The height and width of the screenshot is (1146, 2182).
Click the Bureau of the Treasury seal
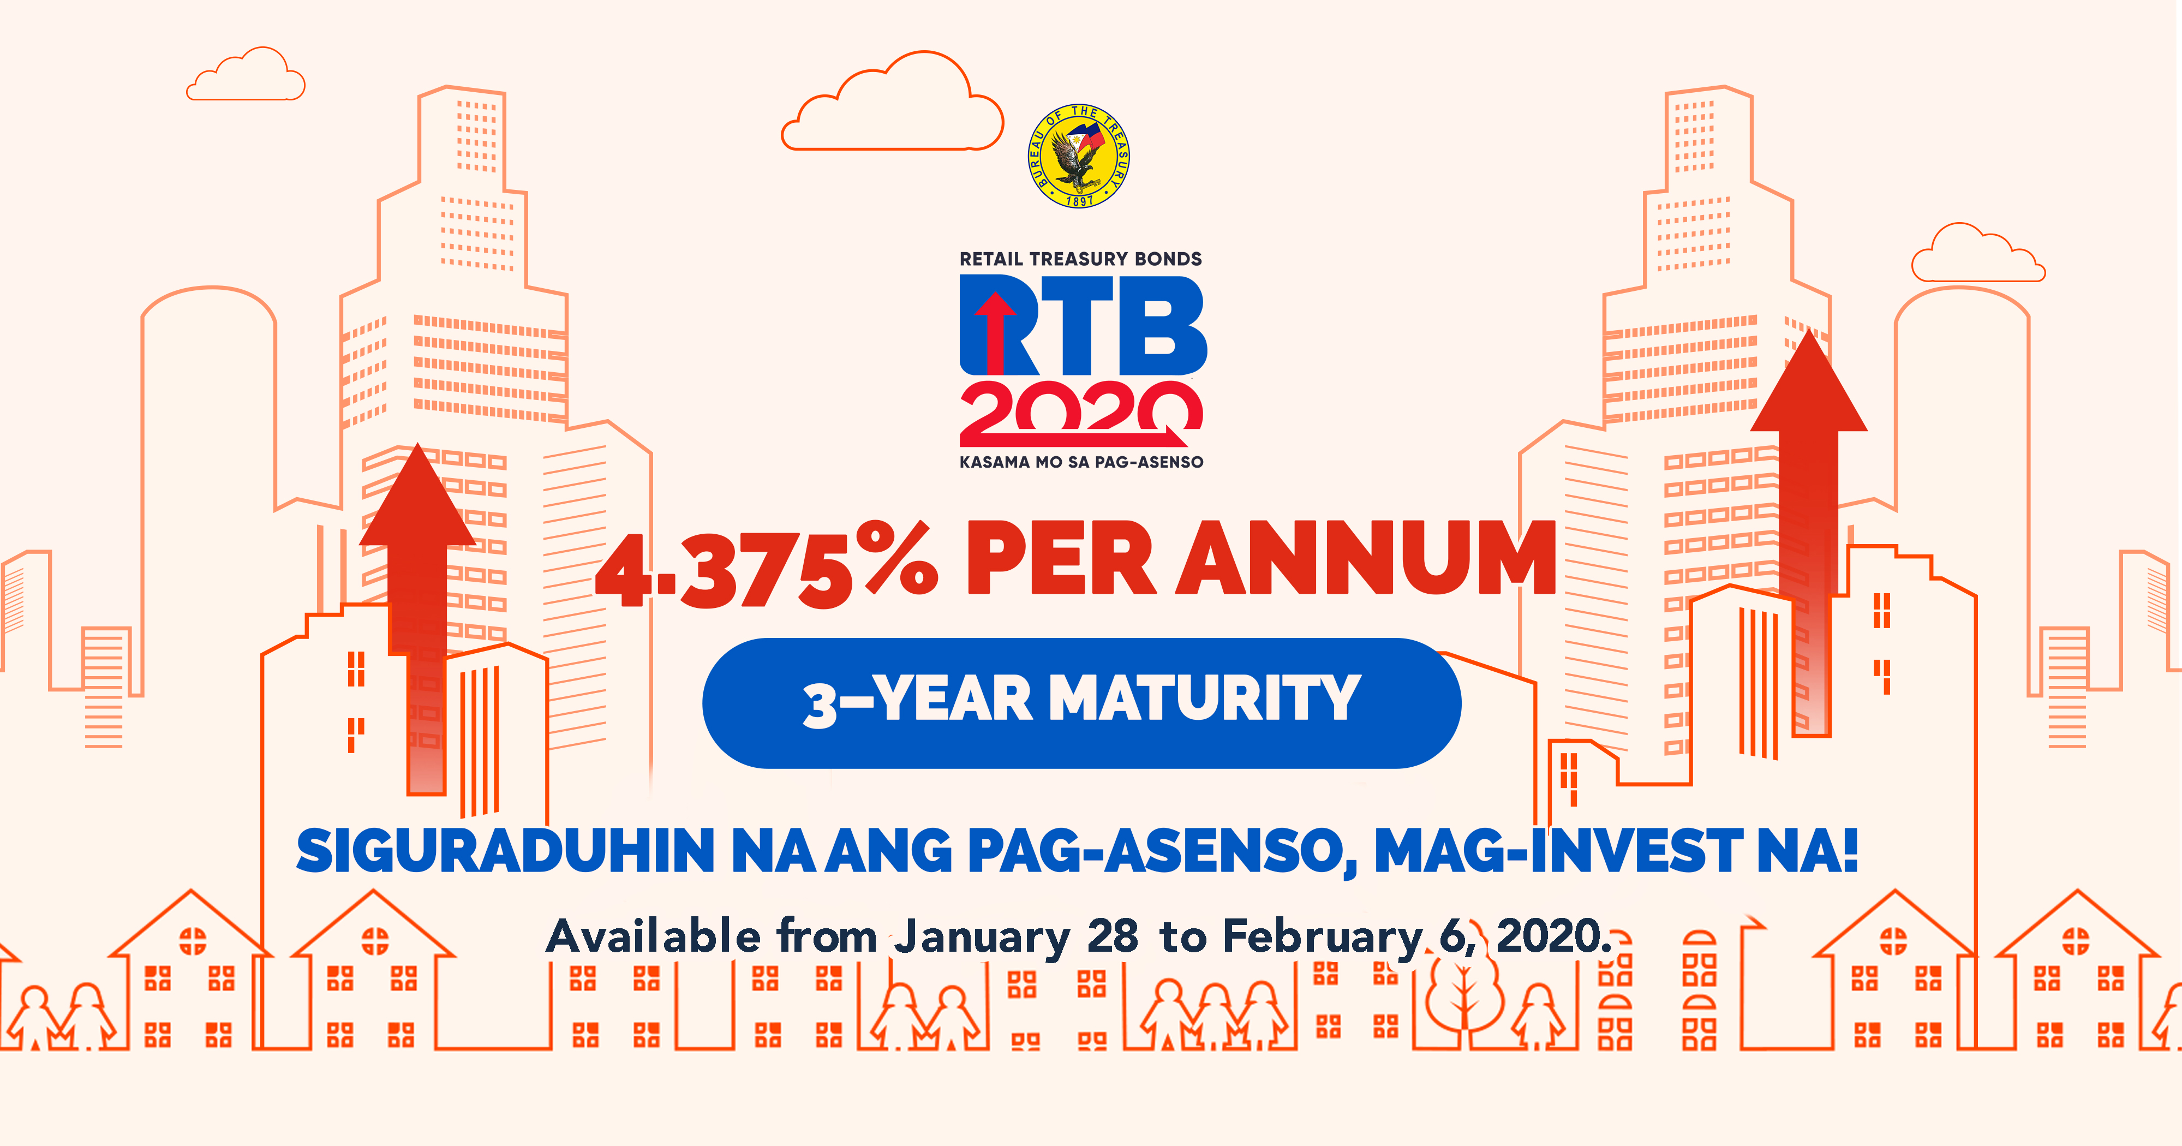tap(1079, 157)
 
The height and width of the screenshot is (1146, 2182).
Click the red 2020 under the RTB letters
tap(1081, 413)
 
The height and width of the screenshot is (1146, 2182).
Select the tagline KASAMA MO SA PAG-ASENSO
tap(1081, 462)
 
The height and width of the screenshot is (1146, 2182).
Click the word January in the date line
tap(983, 938)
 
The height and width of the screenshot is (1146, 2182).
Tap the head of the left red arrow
tap(417, 496)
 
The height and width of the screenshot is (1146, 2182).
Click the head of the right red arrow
tap(1808, 380)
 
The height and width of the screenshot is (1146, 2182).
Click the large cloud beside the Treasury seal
tap(892, 102)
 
